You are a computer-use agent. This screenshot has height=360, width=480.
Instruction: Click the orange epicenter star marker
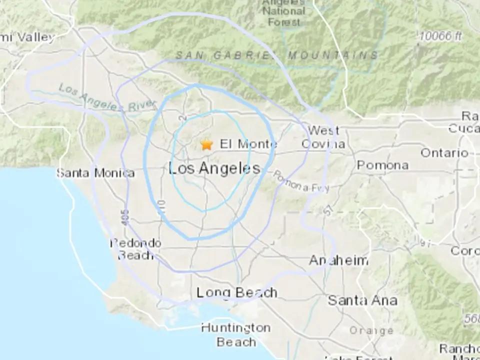(206, 145)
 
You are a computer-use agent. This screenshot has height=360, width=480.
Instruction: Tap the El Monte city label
(248, 144)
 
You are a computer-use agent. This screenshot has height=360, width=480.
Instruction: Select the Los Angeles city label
(215, 168)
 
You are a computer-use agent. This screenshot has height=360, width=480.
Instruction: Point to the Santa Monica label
(95, 173)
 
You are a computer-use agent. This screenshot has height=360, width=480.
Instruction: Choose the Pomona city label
(382, 165)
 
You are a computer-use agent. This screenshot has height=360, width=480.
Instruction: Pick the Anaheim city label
(338, 260)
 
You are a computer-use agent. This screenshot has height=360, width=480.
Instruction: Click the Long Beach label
(236, 292)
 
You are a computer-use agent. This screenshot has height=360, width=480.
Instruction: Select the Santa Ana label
(362, 300)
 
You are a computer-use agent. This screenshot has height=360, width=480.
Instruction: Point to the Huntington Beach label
(235, 334)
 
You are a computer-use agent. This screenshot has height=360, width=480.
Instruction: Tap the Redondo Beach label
(136, 249)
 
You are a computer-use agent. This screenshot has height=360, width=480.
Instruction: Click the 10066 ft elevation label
(440, 36)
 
